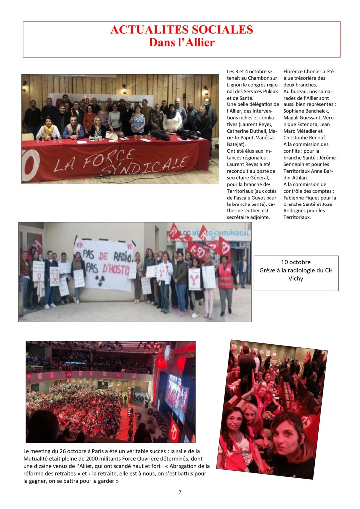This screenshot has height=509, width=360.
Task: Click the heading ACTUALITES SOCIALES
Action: click(x=181, y=30)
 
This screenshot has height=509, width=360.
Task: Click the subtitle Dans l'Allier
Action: click(x=181, y=43)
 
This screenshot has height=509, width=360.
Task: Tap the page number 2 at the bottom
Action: click(x=180, y=492)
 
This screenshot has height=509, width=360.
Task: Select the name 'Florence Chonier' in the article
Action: click(x=303, y=72)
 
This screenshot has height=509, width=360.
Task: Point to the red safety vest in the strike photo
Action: click(x=225, y=276)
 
